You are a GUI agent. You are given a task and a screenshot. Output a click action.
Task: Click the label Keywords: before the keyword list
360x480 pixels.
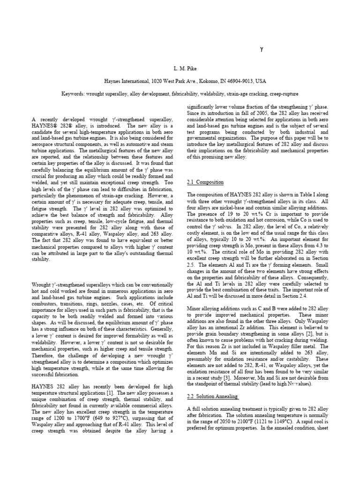[x=75, y=94]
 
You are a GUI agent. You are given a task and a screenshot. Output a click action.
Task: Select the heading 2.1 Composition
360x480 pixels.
[x=205, y=182]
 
